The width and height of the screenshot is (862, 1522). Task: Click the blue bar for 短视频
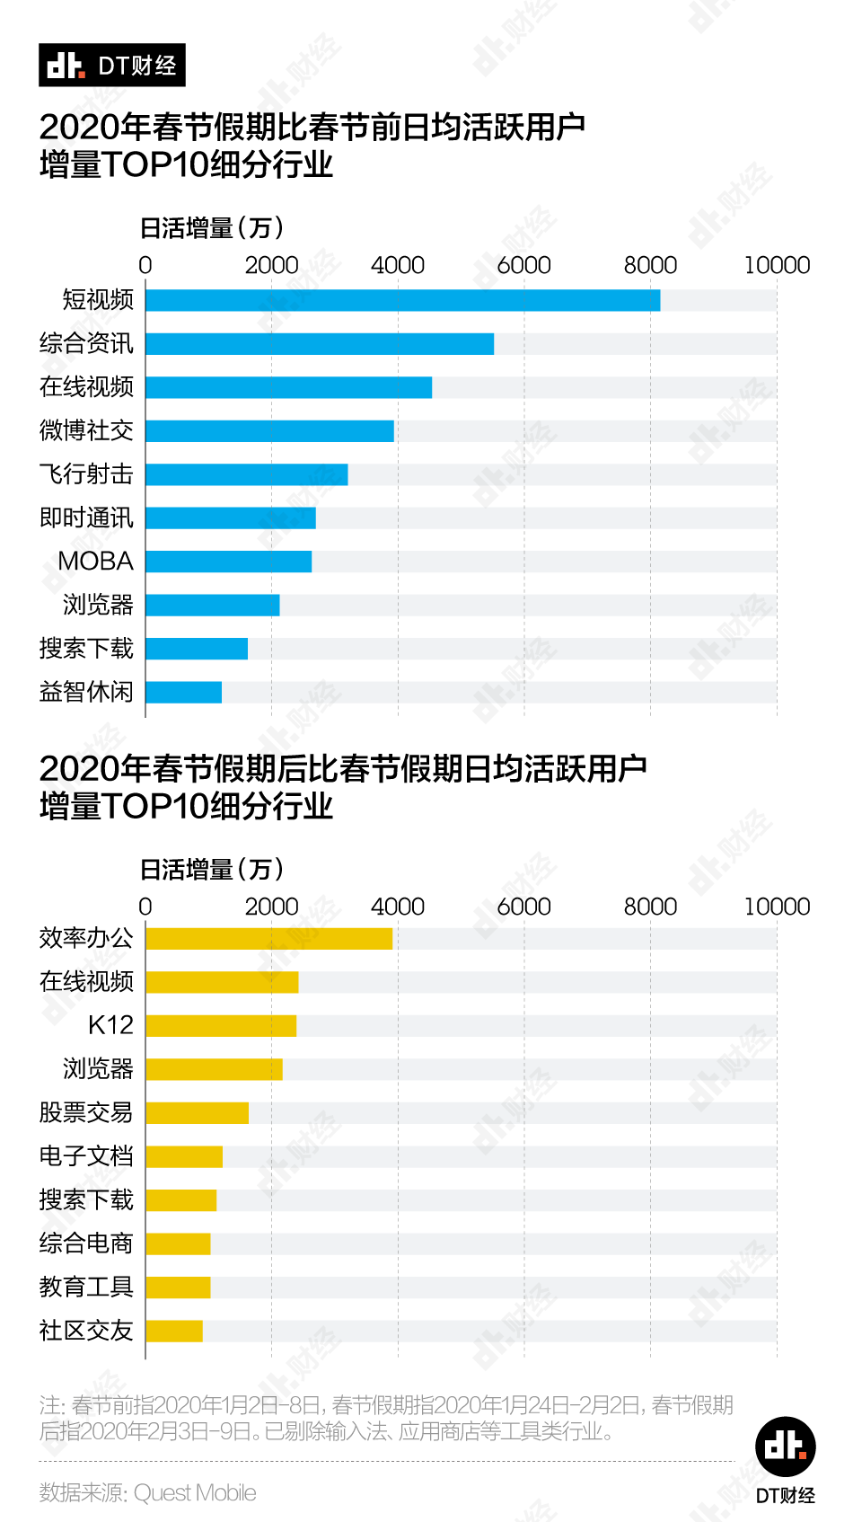coord(402,300)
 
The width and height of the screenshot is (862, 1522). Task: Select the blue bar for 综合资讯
coord(320,344)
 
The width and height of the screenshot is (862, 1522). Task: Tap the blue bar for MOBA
coord(228,562)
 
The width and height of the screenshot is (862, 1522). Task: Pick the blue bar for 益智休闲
coord(183,692)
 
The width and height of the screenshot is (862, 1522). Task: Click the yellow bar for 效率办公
coord(268,939)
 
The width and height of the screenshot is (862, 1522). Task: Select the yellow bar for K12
coord(221,1026)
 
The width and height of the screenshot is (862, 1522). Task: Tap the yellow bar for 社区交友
coord(174,1331)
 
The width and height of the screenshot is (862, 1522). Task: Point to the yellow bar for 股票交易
coord(197,1113)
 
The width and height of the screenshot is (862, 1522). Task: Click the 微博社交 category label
coord(86,430)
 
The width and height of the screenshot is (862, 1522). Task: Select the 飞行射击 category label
coord(86,473)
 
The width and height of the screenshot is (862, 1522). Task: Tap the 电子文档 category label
coord(86,1155)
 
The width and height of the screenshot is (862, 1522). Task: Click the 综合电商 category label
coord(86,1243)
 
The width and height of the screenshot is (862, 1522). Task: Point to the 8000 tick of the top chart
coord(650,265)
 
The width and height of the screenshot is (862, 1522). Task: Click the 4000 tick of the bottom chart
coord(398,907)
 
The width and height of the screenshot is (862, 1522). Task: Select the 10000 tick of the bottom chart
coord(777,907)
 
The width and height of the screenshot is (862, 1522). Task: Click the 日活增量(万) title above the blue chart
coord(212,228)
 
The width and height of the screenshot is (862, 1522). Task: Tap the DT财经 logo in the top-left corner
coord(112,65)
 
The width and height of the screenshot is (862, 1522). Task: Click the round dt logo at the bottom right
coord(785,1447)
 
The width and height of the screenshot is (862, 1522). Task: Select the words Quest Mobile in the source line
coord(195,1492)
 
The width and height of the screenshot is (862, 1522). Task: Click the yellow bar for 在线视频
coord(222,982)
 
